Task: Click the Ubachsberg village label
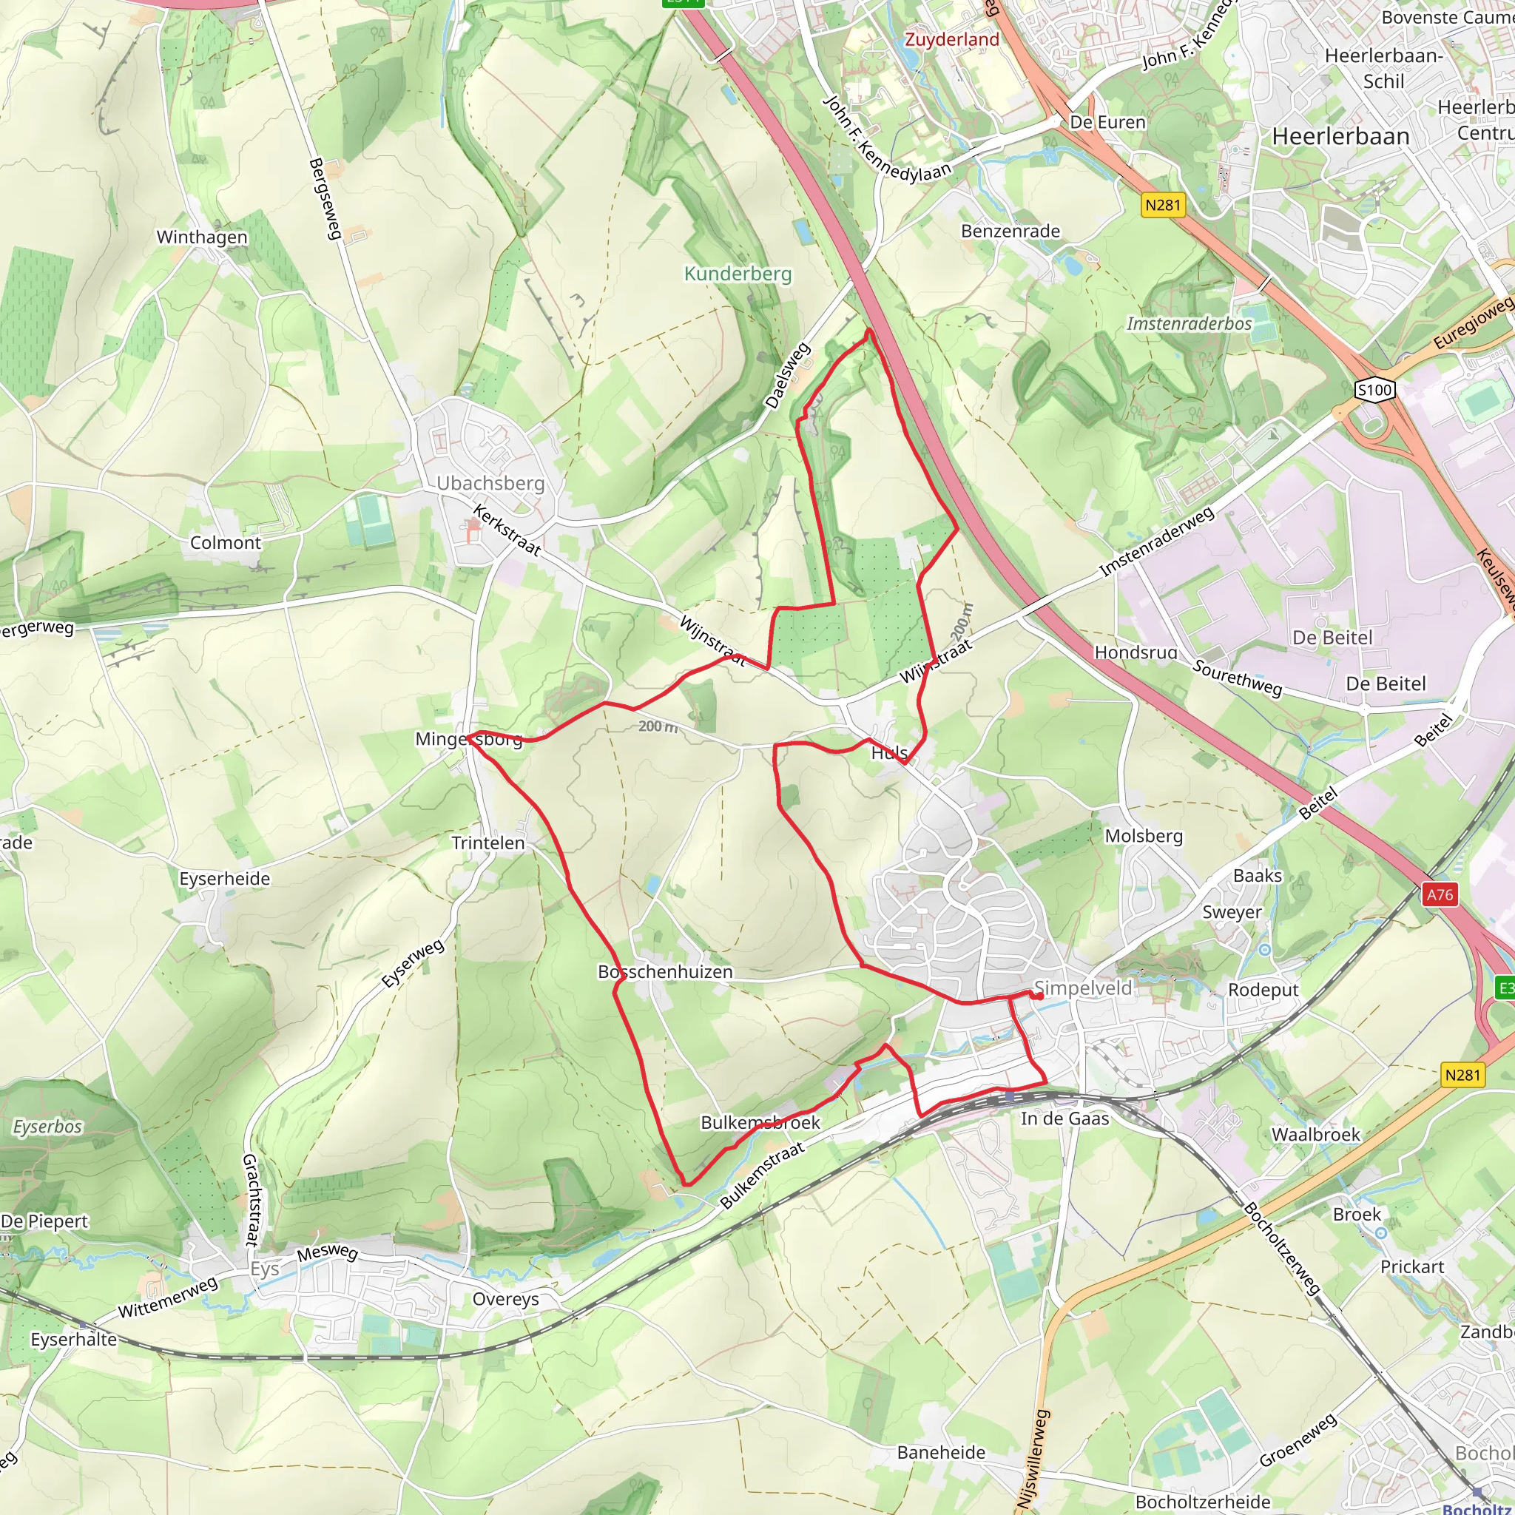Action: [490, 483]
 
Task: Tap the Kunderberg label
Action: [737, 274]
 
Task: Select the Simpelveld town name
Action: [1082, 988]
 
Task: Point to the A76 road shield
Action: [1440, 895]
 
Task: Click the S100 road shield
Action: [1374, 390]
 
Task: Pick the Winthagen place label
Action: [201, 237]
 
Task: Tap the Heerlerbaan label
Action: [1340, 136]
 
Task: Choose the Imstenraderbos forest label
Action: [1189, 323]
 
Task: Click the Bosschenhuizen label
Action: [665, 971]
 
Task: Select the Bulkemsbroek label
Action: [760, 1122]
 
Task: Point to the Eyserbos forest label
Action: [47, 1127]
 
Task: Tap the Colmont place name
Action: [225, 543]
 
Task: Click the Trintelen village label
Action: [487, 843]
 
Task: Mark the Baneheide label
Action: [941, 1452]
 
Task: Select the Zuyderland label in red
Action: [952, 39]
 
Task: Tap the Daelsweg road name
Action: [787, 376]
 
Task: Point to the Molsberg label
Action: [1144, 836]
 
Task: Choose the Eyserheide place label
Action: [224, 879]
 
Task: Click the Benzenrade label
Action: [1010, 232]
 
